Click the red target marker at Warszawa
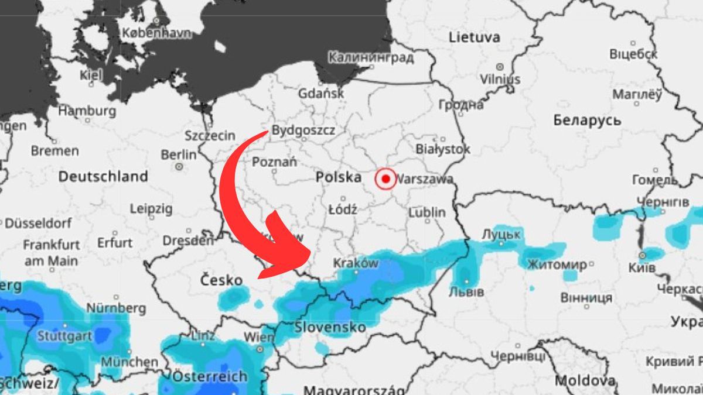click(x=385, y=178)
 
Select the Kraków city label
click(x=356, y=263)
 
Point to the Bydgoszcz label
click(x=303, y=130)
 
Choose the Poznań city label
click(x=274, y=162)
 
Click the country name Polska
click(x=339, y=177)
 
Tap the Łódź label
click(x=343, y=209)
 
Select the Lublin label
click(x=427, y=212)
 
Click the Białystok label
click(x=443, y=149)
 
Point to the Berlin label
click(x=178, y=155)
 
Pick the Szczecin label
click(x=210, y=136)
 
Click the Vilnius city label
click(x=500, y=78)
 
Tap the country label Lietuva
click(x=475, y=37)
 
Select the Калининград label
click(x=371, y=58)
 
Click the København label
click(x=156, y=33)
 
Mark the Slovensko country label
click(x=330, y=327)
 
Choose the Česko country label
click(x=221, y=280)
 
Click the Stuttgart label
click(x=64, y=336)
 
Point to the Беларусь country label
click(x=586, y=120)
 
